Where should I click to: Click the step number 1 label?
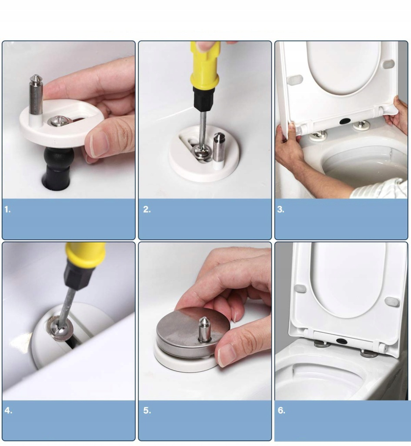8,209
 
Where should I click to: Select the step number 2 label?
147,209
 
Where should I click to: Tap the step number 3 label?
280,209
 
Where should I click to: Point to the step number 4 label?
8,410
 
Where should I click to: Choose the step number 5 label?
147,410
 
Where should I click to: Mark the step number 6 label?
281,410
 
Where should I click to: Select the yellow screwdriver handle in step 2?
205,67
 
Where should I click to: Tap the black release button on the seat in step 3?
344,121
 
